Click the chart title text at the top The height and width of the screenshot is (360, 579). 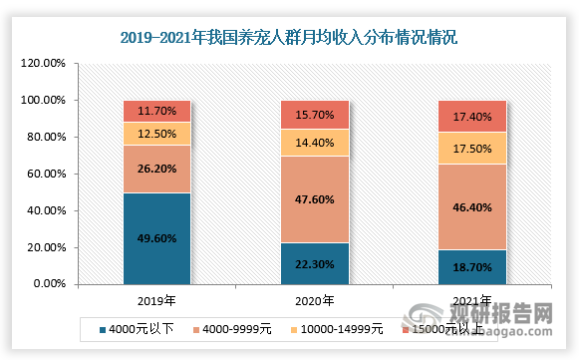(289, 39)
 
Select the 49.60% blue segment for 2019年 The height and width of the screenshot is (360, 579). (156, 238)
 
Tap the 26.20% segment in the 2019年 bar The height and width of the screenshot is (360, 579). (156, 170)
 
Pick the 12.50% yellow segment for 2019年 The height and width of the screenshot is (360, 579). (156, 134)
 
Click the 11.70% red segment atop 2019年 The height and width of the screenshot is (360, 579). (156, 111)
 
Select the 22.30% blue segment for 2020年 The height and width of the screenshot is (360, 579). (313, 263)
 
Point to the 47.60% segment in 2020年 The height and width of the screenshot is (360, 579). (313, 198)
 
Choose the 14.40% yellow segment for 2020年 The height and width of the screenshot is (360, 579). (313, 143)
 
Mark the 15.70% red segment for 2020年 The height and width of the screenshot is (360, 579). (313, 115)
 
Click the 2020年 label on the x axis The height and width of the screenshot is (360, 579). (313, 299)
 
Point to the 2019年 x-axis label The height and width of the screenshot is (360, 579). (156, 299)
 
